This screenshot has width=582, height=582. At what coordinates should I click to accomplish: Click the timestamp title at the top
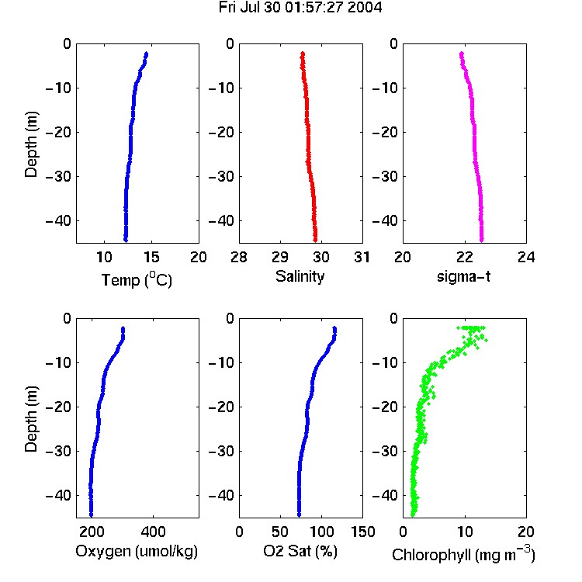300,8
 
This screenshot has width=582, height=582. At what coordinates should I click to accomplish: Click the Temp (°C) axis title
137,279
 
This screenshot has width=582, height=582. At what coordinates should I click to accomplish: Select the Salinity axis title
300,276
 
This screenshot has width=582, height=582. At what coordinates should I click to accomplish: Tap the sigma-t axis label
463,276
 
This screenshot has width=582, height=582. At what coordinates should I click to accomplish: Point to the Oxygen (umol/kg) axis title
137,551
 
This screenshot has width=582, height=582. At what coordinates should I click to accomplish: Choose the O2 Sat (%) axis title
300,551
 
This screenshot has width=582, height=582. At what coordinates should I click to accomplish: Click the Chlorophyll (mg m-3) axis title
463,554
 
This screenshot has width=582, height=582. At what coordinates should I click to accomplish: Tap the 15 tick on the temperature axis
151,257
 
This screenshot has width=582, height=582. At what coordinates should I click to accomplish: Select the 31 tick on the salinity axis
362,257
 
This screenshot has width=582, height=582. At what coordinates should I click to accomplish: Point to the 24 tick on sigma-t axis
526,257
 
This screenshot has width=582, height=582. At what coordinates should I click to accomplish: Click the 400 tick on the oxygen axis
153,532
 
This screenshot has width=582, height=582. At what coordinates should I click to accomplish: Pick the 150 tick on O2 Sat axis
362,532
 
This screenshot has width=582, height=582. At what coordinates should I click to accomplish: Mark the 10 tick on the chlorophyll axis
464,532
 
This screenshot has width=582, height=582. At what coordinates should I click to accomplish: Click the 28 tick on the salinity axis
239,257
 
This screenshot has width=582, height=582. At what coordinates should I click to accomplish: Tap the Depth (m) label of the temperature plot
31,144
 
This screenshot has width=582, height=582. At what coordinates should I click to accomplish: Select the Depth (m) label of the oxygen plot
31,419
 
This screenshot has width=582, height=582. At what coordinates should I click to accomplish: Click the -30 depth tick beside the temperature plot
58,176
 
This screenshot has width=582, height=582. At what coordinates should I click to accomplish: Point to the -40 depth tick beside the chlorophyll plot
385,495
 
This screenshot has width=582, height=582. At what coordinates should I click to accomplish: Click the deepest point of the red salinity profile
315,240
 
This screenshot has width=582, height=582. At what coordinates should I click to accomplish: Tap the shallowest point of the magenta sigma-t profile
462,54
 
